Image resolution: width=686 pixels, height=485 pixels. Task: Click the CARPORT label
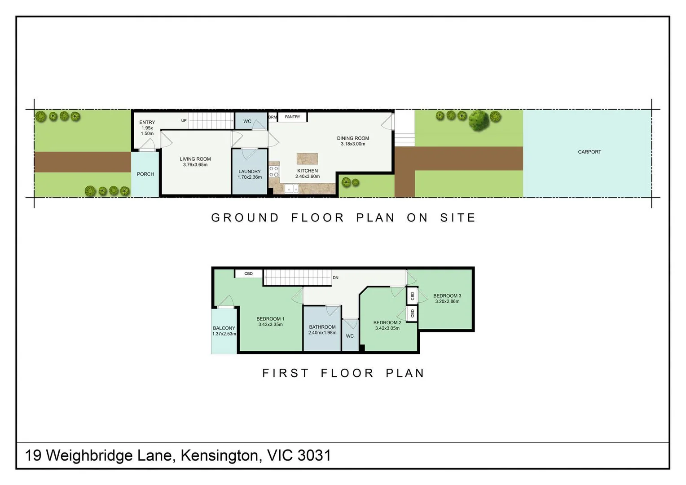589,152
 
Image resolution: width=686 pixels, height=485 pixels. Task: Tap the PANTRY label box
292,117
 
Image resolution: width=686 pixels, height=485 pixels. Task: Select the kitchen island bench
307,159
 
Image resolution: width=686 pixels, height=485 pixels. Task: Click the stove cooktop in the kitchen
274,172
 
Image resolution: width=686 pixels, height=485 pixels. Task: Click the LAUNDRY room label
249,172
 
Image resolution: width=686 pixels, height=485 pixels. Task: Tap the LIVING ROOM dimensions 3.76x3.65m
195,165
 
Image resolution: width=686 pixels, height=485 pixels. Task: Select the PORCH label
145,174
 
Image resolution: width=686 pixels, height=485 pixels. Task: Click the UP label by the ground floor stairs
184,121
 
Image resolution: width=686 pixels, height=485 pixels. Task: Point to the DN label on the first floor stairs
335,278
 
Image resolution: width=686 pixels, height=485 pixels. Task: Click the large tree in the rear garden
479,120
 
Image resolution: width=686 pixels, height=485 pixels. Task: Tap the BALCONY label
224,328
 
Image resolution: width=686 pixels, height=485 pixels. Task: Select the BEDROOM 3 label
447,296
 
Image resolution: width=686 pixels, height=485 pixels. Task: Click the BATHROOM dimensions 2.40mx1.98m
322,333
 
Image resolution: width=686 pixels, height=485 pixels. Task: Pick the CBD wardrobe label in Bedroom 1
248,273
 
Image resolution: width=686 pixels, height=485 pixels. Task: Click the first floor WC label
350,336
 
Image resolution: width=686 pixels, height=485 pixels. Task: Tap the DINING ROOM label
353,138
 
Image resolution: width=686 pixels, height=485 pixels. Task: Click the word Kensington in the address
220,455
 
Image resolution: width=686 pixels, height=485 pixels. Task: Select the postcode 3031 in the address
314,455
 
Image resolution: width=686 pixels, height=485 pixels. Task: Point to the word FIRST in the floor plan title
286,373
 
